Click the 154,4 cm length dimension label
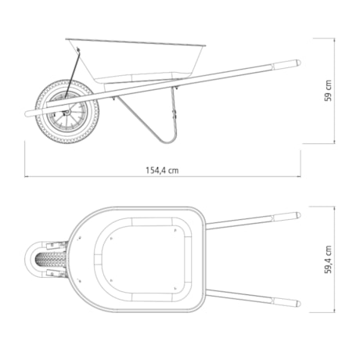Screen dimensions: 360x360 tap(162, 170)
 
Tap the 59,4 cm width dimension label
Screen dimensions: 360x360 tap(329, 259)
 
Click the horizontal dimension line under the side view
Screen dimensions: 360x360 tap(162, 177)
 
